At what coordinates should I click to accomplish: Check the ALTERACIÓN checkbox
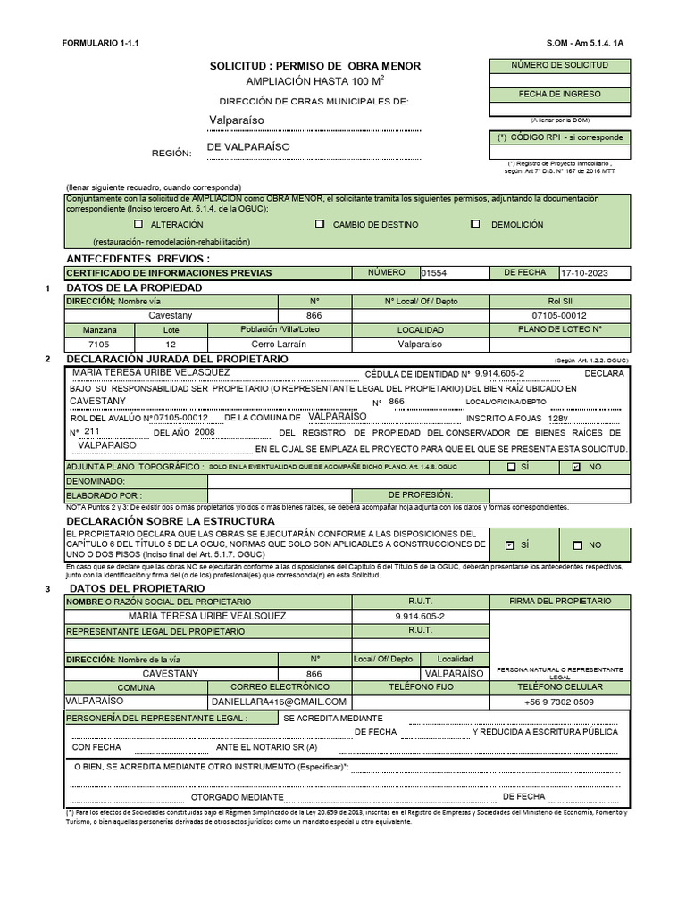pos(138,224)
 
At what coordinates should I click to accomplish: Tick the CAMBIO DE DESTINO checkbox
pos(320,224)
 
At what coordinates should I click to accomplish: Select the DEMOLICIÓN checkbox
pos(475,224)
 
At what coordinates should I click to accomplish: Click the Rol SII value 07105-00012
pos(559,315)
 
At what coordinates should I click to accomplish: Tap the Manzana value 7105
pos(99,344)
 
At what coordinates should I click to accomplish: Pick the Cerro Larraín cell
pos(279,344)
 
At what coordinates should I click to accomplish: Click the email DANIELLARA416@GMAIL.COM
pos(279,702)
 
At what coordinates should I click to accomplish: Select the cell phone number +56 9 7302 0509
pos(559,702)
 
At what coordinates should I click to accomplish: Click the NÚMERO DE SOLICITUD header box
pos(559,66)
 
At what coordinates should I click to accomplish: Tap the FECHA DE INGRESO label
pos(559,94)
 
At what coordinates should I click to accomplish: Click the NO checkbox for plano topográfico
pos(576,467)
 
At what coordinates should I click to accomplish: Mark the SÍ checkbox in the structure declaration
pos(509,544)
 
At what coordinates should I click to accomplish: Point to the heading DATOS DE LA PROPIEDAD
pos(134,287)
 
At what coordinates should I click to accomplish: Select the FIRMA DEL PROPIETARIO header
pos(559,602)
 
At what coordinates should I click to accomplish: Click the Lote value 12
pos(171,344)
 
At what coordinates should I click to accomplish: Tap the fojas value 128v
pos(557,418)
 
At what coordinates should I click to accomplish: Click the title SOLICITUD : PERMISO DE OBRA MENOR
pos(314,66)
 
